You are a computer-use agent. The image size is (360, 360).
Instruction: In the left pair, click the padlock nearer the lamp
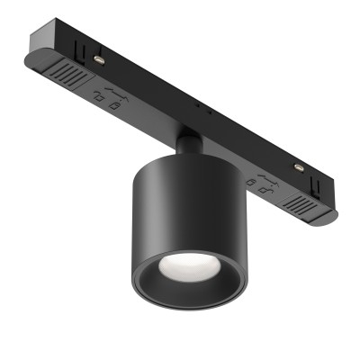point(116,103)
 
